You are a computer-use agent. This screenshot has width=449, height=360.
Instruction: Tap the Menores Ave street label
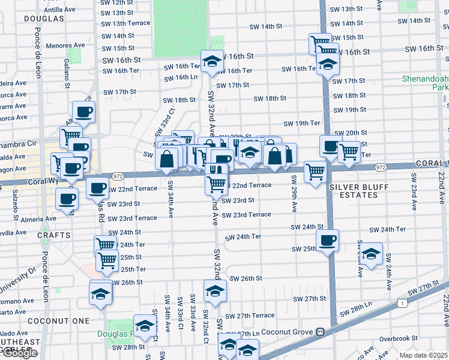[68, 45]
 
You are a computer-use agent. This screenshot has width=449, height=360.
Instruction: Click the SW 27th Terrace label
[250, 316]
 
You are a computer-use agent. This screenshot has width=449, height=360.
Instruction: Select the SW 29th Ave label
[294, 193]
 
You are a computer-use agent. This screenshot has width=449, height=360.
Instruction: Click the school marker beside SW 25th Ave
[372, 254]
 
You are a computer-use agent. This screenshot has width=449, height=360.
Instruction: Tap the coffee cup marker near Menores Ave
[83, 112]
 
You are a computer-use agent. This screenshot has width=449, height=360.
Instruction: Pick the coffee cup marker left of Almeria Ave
[67, 199]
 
